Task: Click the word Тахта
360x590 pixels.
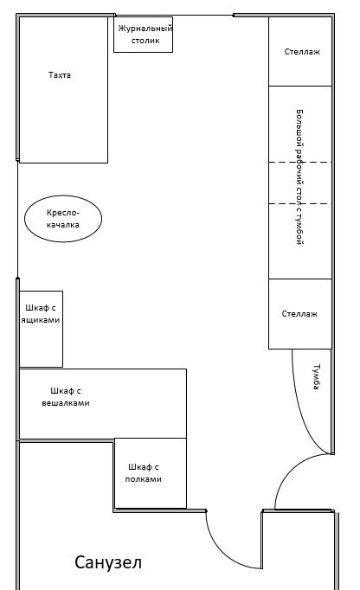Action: pyautogui.click(x=60, y=75)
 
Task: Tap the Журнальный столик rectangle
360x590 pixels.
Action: pyautogui.click(x=143, y=35)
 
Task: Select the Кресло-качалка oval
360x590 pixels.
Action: pyautogui.click(x=63, y=218)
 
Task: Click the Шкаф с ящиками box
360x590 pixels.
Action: pyautogui.click(x=41, y=329)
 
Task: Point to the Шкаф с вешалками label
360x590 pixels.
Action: pyautogui.click(x=66, y=397)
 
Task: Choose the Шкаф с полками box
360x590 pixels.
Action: pyautogui.click(x=151, y=473)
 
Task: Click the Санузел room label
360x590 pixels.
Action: pyautogui.click(x=108, y=562)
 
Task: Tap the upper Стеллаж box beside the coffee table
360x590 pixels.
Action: pyautogui.click(x=300, y=51)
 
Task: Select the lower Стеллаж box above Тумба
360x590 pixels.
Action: pyautogui.click(x=300, y=314)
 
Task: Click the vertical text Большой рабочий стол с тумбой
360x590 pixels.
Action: pyautogui.click(x=299, y=176)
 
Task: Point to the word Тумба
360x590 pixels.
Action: pyautogui.click(x=317, y=376)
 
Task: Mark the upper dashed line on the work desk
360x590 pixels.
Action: pyautogui.click(x=300, y=162)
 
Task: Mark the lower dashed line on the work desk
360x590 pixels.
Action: pyautogui.click(x=300, y=204)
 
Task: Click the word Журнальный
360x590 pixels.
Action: pyautogui.click(x=145, y=29)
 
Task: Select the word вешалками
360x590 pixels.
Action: pyautogui.click(x=66, y=403)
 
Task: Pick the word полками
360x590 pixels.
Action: pyautogui.click(x=143, y=479)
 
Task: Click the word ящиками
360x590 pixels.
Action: pyautogui.click(x=41, y=320)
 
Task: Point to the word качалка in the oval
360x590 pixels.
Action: pyautogui.click(x=63, y=225)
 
